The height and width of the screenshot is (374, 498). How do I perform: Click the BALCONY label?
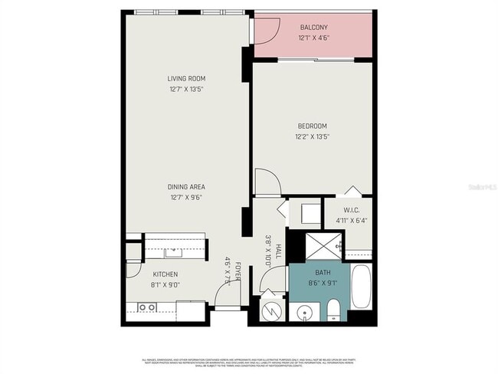pos(313,28)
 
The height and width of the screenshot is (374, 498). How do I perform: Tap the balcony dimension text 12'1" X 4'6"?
pos(313,38)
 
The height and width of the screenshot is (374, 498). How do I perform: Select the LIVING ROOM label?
pos(187,78)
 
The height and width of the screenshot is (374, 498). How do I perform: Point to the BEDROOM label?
pos(313,126)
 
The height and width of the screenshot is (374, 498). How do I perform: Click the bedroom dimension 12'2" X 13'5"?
pos(313,137)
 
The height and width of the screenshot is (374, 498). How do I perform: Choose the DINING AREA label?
pos(187,186)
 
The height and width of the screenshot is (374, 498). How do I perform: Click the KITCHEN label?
pos(165,274)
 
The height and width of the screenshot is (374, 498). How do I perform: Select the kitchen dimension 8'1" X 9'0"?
pos(165,285)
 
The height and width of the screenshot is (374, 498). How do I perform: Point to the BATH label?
pos(323,273)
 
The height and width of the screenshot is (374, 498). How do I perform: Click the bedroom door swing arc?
pos(267,182)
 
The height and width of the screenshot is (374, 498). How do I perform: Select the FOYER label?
pos(238,271)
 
